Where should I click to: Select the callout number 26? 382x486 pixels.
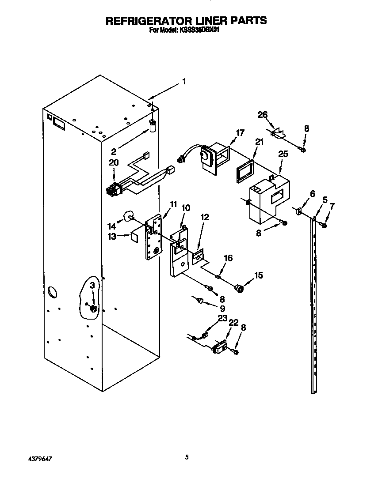263,115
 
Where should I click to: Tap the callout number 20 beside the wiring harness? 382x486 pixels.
114,162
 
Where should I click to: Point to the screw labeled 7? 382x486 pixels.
325,226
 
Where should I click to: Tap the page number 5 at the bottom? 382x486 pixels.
187,457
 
